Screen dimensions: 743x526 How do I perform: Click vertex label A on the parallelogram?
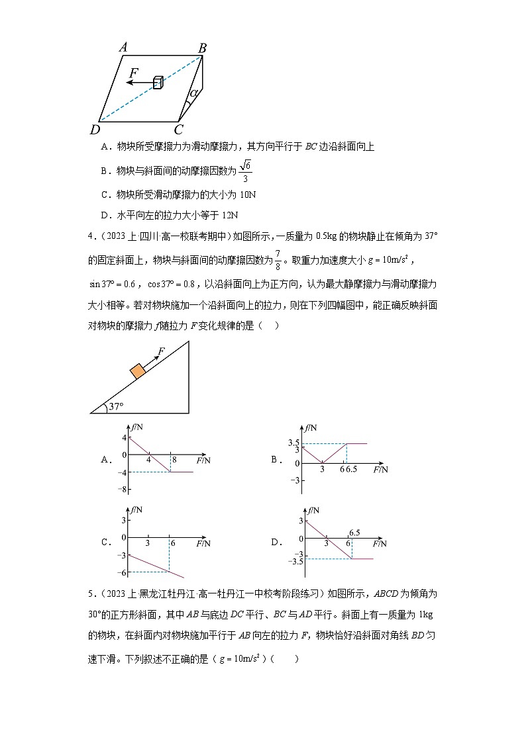pos(123,47)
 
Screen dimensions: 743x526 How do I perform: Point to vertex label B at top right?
pos(203,47)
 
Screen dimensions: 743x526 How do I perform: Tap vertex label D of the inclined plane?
pos(95,129)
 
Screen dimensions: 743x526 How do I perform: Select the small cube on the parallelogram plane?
pos(158,82)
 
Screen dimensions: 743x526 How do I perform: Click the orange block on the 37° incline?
pos(138,371)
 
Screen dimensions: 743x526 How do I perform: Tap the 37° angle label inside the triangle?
pos(117,406)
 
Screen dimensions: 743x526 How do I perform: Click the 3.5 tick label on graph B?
pos(294,443)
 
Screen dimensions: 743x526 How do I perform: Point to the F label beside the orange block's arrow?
pos(161,351)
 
